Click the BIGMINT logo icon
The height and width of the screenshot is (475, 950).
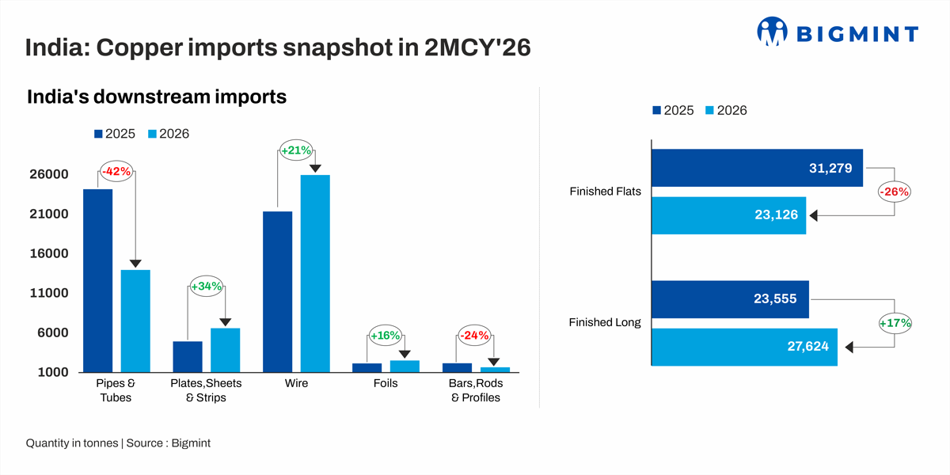773,32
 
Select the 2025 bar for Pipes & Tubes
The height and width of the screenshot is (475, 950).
97,280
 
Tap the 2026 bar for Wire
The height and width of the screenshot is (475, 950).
315,273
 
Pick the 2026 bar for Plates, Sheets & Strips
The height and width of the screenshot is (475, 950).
225,350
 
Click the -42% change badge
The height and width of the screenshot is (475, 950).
116,172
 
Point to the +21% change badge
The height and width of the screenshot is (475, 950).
296,150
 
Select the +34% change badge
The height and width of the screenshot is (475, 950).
206,286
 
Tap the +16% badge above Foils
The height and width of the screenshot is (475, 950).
386,336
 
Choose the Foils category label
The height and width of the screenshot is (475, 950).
386,383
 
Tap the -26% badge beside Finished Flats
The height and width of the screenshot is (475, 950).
895,192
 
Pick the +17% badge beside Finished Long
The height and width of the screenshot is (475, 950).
895,323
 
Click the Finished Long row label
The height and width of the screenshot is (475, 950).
605,323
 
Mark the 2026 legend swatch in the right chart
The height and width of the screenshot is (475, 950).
709,111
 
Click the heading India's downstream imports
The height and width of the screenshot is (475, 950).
156,97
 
